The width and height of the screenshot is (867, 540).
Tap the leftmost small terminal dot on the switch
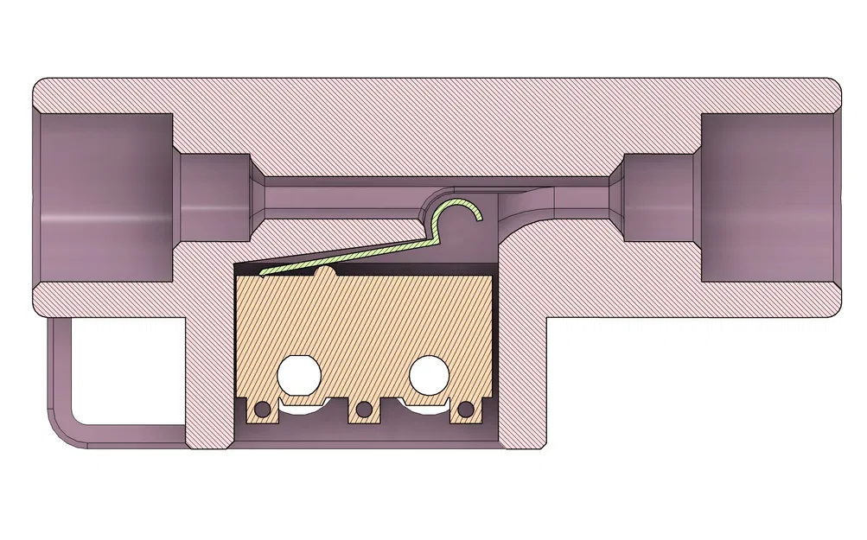(261, 408)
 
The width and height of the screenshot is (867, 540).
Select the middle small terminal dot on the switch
(364, 408)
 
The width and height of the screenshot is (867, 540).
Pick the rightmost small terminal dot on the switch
(467, 408)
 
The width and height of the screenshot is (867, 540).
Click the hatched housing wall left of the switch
(209, 372)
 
